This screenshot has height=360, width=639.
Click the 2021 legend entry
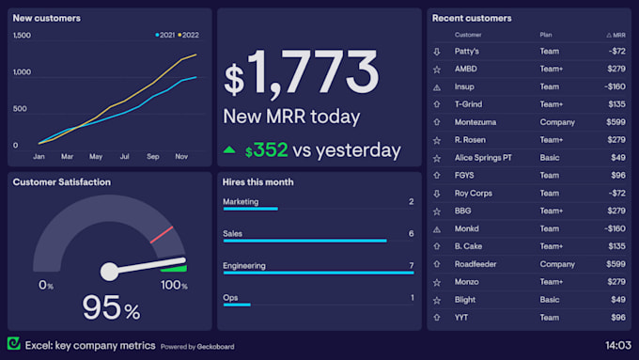165,35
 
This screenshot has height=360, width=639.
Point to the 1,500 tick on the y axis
22,36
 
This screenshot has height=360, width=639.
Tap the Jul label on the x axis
125,156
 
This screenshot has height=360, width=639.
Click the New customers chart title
46,18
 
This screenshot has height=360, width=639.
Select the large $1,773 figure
302,73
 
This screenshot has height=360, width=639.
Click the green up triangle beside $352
229,149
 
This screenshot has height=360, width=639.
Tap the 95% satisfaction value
110,307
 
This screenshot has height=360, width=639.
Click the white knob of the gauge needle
109,272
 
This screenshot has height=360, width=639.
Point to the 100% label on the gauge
174,285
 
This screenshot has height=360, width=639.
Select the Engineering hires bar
318,273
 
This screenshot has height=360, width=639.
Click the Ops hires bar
237,305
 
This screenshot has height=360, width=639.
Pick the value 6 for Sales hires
411,233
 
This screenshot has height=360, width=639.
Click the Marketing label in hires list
241,201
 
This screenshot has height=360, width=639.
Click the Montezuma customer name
475,122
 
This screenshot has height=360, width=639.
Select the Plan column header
546,35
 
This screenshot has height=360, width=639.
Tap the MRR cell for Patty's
616,51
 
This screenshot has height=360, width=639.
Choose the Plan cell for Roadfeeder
557,264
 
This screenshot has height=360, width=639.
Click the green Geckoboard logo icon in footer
13,344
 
